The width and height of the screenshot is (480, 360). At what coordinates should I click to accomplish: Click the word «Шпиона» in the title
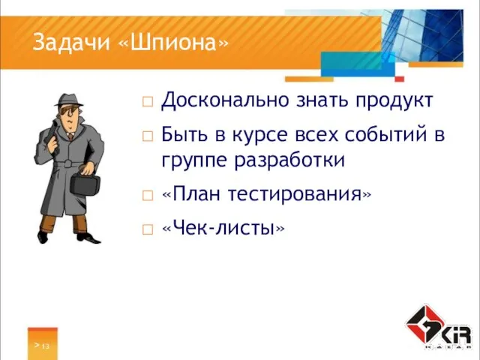(172, 43)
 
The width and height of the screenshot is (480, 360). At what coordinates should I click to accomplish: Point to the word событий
(389, 136)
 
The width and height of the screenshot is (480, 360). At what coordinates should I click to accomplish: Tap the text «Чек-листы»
(223, 228)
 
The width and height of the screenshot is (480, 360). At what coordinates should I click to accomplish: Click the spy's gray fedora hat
(70, 101)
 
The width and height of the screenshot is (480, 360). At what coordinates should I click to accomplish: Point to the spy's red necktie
(70, 134)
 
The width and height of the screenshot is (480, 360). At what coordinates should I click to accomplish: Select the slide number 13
(45, 346)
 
